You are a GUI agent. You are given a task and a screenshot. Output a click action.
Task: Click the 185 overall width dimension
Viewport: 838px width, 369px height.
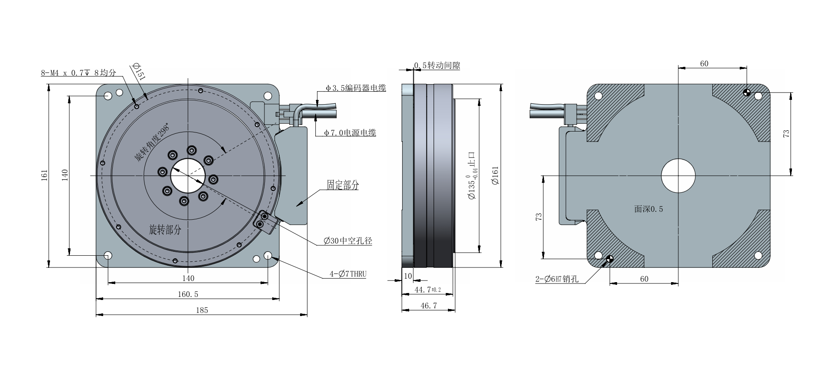202,310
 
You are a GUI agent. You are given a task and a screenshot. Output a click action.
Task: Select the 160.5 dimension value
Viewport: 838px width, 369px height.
188,294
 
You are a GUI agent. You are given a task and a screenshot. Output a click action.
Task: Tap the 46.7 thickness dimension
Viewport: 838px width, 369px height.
428,306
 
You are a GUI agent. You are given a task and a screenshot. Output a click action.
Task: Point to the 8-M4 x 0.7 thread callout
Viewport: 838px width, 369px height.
78,73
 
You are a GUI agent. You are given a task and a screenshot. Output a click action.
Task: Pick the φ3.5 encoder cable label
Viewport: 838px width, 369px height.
356,88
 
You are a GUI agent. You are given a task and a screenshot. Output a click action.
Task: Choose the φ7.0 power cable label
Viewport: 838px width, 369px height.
350,133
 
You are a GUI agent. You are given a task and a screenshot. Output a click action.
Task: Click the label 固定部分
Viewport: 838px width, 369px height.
343,185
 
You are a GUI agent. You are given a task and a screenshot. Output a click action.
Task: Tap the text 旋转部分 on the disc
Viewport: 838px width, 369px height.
165,230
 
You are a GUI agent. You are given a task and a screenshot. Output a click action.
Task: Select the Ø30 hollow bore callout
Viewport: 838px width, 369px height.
348,241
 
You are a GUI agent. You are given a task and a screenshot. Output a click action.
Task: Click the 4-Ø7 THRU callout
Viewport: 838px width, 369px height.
348,274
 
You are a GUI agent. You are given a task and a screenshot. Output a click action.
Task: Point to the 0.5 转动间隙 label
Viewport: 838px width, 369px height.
437,66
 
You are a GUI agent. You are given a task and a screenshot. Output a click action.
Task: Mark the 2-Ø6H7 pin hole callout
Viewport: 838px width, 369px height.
557,279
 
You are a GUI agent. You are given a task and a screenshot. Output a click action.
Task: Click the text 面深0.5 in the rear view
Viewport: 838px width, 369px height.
648,209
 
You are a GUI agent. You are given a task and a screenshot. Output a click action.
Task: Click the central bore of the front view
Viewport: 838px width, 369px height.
188,176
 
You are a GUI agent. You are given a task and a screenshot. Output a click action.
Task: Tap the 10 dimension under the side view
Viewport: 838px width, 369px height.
408,276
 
